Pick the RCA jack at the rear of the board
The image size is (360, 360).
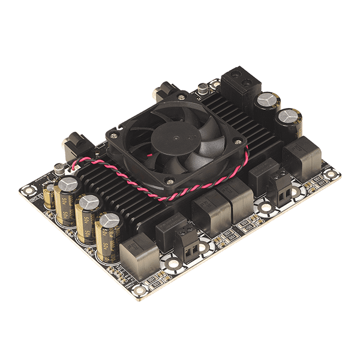click(x=163, y=93)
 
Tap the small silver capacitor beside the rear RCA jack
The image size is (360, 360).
click(x=205, y=89)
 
